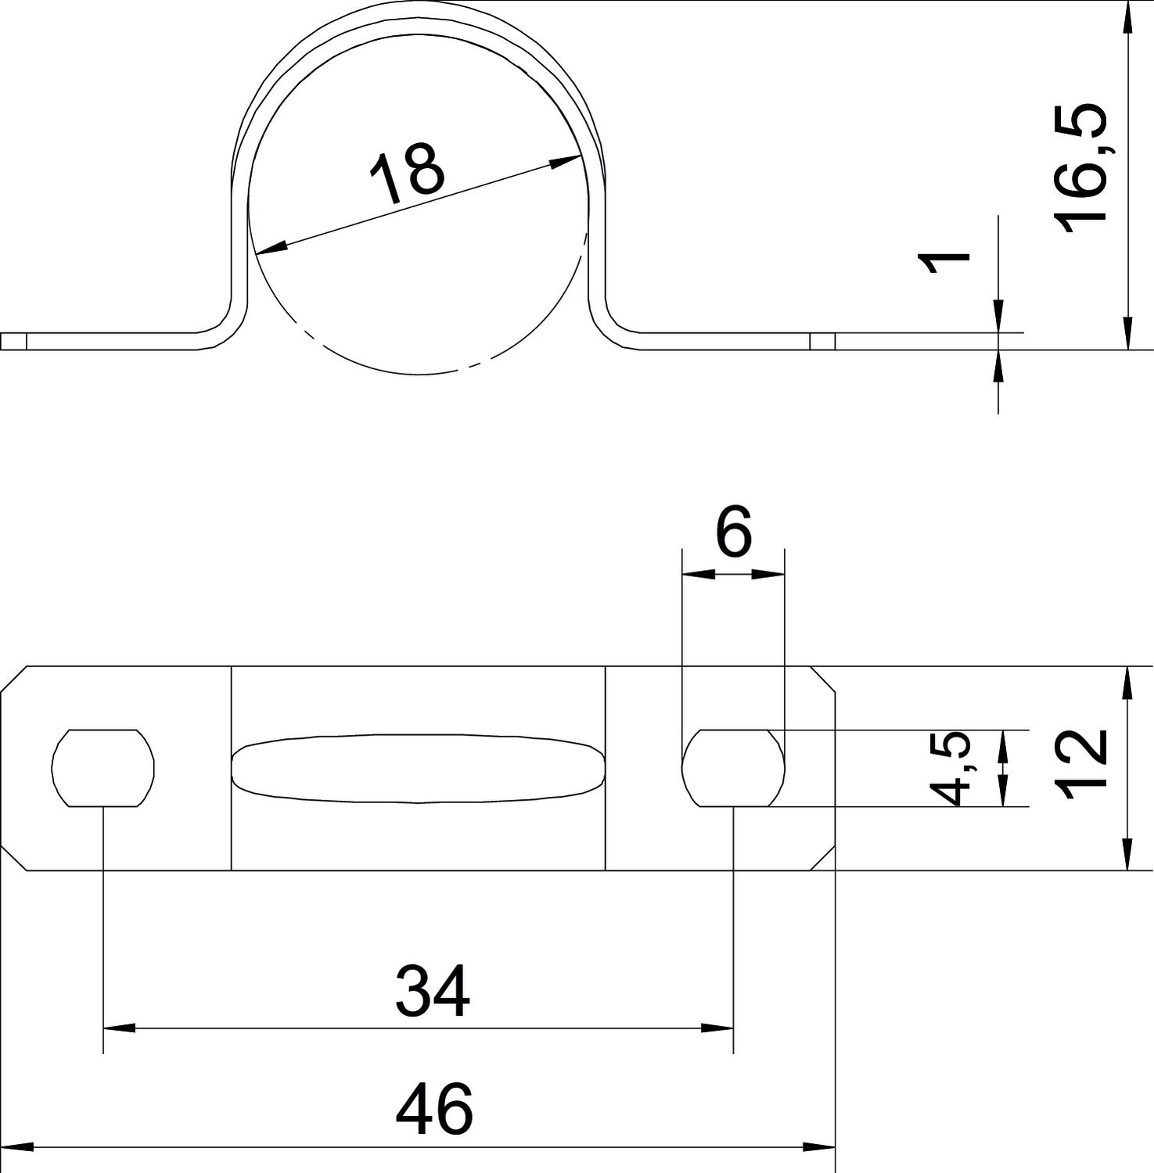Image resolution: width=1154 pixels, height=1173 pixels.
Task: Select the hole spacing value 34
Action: [433, 990]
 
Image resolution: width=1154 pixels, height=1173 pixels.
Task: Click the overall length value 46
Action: [434, 1109]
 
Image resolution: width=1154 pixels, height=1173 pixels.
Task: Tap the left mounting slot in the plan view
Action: [103, 768]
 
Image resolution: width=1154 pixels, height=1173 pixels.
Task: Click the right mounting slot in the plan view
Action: [733, 768]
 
